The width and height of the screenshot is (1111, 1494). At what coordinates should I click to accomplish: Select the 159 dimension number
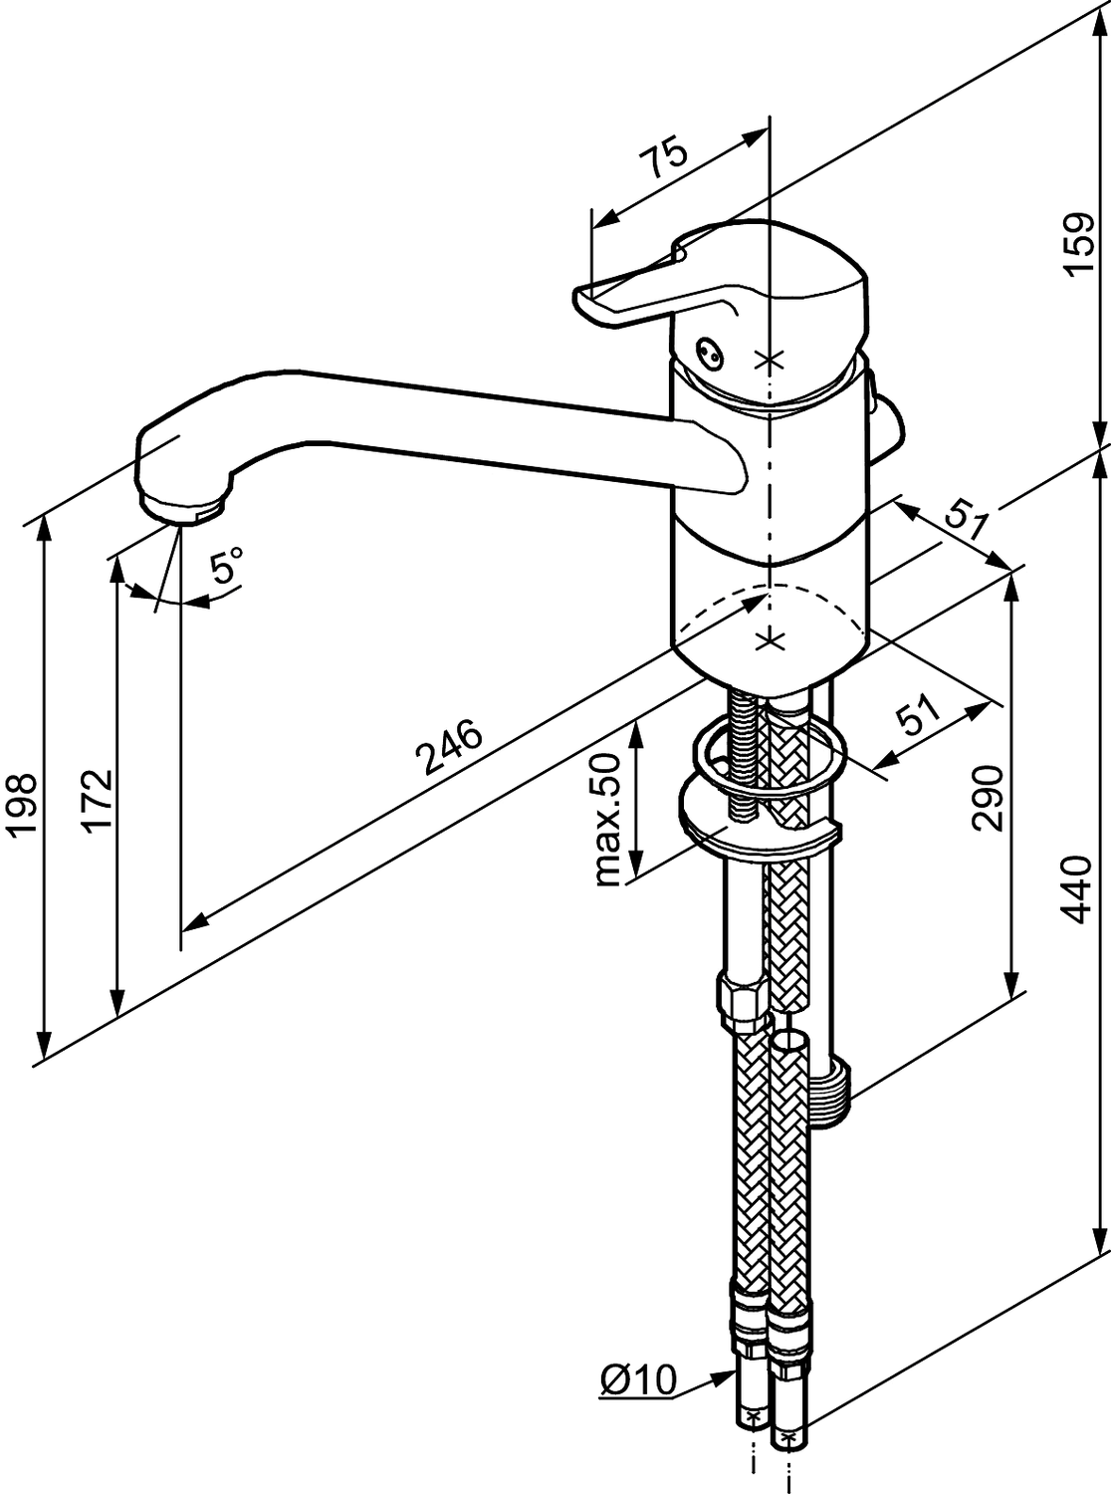click(x=1079, y=245)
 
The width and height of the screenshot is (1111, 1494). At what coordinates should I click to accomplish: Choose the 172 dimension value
click(x=97, y=800)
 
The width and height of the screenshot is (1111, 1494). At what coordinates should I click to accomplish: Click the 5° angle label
click(x=227, y=568)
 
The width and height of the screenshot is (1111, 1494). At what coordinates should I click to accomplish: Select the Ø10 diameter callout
click(x=638, y=1380)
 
